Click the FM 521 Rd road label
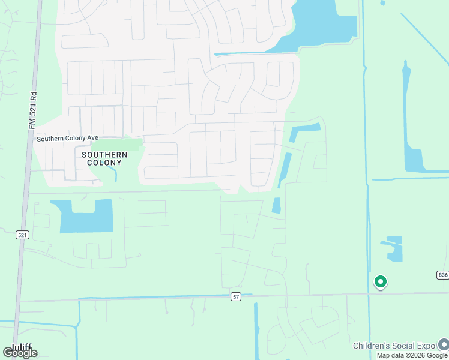(33, 109)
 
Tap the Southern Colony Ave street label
(67, 139)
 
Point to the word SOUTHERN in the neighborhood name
(104, 155)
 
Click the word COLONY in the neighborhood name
(104, 163)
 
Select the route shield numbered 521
(22, 235)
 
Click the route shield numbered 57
(236, 297)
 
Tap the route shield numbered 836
(442, 274)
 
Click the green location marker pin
(380, 281)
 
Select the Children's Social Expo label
(394, 346)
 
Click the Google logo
(20, 353)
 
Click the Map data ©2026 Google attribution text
(412, 355)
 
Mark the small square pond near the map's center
(276, 205)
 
